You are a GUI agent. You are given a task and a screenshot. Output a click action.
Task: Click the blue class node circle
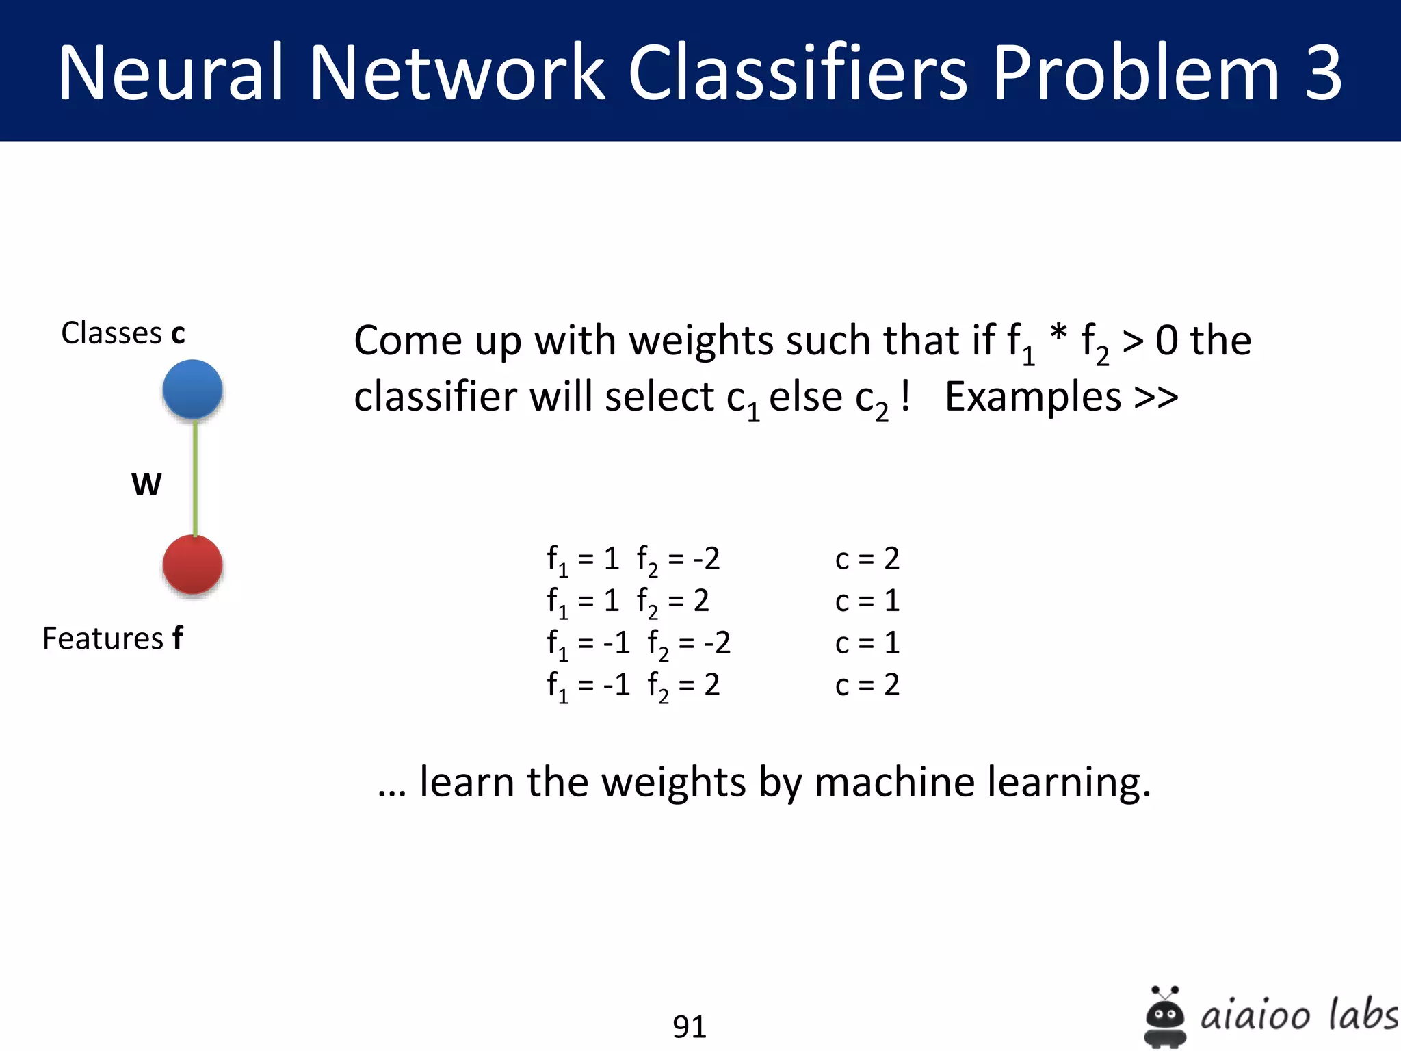click(x=192, y=389)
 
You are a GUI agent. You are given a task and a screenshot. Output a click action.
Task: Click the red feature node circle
click(x=192, y=565)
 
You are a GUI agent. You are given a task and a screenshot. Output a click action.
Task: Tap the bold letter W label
click(x=146, y=484)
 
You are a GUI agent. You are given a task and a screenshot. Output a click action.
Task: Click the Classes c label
click(x=123, y=333)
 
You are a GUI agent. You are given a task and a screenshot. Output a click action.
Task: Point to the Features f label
click(x=113, y=638)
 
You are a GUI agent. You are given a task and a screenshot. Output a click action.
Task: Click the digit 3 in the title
click(x=1323, y=73)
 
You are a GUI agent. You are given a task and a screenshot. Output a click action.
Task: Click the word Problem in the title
click(x=1135, y=73)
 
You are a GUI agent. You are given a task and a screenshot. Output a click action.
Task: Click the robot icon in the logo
click(x=1164, y=1017)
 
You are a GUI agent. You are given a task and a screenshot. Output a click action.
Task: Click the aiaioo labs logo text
click(x=1298, y=1014)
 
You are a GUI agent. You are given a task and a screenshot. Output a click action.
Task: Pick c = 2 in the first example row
click(x=867, y=559)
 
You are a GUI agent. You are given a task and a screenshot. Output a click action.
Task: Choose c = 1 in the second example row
click(x=867, y=601)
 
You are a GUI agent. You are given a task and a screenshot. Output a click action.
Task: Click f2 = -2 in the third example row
click(x=689, y=644)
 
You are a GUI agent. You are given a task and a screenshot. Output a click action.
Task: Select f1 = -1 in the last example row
click(x=588, y=686)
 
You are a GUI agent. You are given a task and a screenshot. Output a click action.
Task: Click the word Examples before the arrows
click(x=1033, y=397)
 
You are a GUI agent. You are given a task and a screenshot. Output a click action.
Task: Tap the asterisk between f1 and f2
click(x=1058, y=335)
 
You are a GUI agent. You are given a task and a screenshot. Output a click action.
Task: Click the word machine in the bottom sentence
click(x=894, y=782)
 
